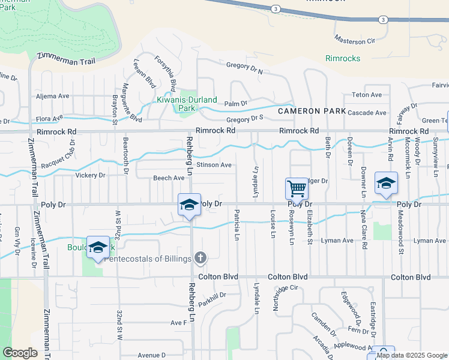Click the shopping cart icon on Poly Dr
[x=297, y=188]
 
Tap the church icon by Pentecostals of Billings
[x=200, y=258]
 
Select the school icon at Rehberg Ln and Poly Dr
[x=189, y=205]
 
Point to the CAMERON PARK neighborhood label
[x=312, y=111]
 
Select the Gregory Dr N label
[x=245, y=67]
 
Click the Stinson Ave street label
[x=214, y=164]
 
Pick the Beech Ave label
[x=168, y=178]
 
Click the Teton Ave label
[x=367, y=95]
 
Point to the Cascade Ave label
[x=367, y=113]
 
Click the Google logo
[x=20, y=353]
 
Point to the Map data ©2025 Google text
[x=412, y=355]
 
